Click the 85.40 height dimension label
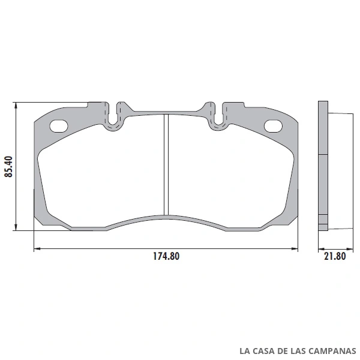(8, 166)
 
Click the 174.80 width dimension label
(166, 256)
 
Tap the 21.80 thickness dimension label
(335, 256)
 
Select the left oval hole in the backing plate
(59, 126)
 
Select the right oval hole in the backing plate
(273, 126)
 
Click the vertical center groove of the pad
(166, 164)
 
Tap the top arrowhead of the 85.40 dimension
(16, 105)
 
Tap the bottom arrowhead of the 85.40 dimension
(16, 227)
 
